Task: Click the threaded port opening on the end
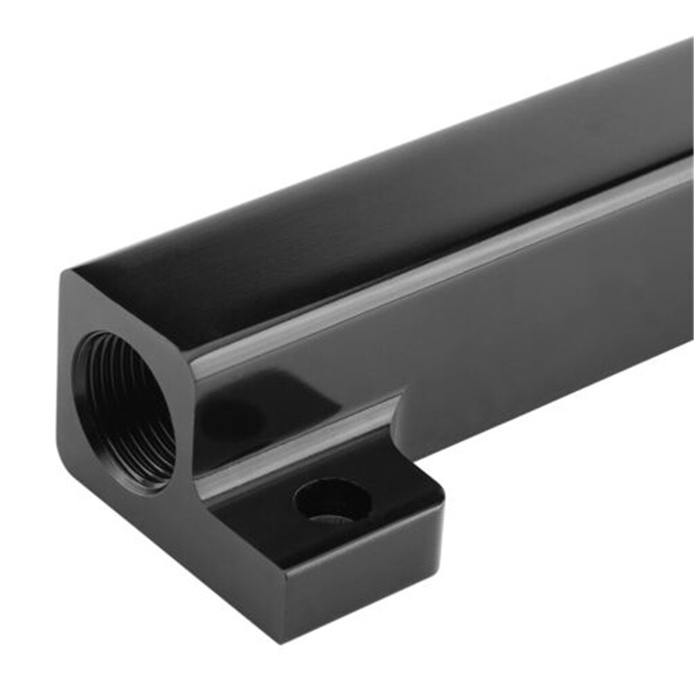[125, 410]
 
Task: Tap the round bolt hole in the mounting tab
[333, 502]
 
